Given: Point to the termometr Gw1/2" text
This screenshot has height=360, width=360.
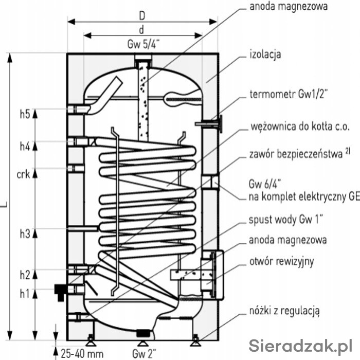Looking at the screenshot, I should (x=289, y=95).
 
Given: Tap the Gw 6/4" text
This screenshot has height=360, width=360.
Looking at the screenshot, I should (x=262, y=184).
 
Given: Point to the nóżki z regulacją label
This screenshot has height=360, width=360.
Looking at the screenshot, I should (x=284, y=310).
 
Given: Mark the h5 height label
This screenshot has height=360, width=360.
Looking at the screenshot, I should (x=25, y=114).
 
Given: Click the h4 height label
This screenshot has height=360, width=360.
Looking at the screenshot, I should (x=25, y=146).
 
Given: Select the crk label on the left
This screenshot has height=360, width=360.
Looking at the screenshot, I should (x=24, y=174).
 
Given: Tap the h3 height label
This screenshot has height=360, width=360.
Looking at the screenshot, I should (x=25, y=234).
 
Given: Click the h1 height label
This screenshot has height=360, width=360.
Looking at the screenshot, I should (x=25, y=294).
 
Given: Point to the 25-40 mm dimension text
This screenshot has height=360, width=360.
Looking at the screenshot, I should (x=82, y=353).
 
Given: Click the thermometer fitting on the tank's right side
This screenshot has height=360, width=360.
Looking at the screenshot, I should (x=211, y=123).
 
